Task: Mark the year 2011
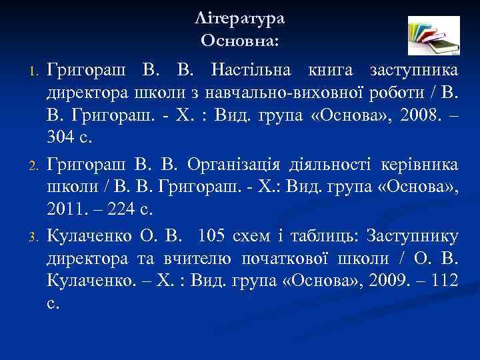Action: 63,210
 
